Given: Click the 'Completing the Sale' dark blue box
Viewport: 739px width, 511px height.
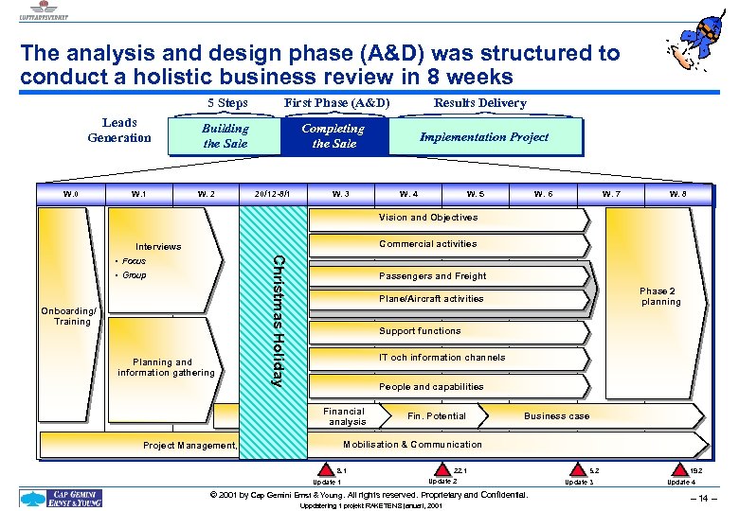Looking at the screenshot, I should (333, 136).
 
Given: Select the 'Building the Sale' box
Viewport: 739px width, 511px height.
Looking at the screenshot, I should (225, 136).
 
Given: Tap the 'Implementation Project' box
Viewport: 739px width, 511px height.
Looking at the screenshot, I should (484, 137).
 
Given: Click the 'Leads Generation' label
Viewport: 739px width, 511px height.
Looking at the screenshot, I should (119, 131).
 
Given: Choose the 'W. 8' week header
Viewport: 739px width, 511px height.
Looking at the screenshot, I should (677, 194).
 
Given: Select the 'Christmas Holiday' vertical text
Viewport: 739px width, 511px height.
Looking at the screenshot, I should (277, 320).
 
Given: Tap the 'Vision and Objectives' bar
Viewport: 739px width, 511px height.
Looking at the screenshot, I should (428, 218).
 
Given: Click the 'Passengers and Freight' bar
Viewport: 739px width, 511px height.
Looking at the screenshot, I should (432, 276).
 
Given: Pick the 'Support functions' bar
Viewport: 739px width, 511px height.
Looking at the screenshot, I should (420, 331).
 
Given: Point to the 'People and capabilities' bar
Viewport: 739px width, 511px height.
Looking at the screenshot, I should (431, 386).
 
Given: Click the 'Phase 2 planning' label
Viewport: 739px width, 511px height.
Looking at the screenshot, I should (659, 296).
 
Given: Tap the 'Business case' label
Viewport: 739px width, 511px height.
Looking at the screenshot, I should (556, 416).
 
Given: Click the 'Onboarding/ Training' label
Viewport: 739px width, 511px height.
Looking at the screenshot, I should (72, 316).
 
